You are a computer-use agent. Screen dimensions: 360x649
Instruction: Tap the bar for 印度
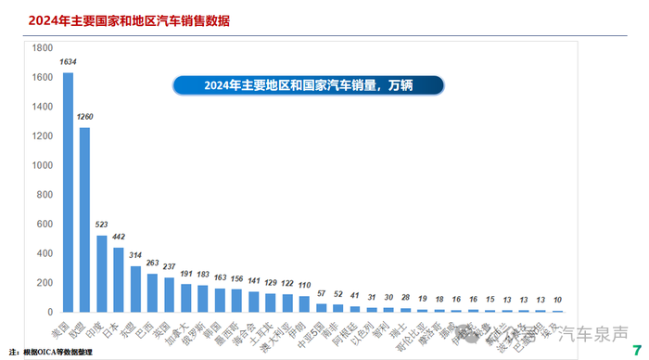tap(101, 274)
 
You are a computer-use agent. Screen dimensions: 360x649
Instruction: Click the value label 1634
tap(68, 62)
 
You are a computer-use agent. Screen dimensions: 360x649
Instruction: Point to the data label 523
tap(101, 225)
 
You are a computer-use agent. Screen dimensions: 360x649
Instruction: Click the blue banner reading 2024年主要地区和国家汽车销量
tap(307, 85)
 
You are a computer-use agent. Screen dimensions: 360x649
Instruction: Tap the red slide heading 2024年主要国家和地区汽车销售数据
tap(115, 19)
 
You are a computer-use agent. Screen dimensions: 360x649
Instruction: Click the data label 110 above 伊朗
tap(304, 286)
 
